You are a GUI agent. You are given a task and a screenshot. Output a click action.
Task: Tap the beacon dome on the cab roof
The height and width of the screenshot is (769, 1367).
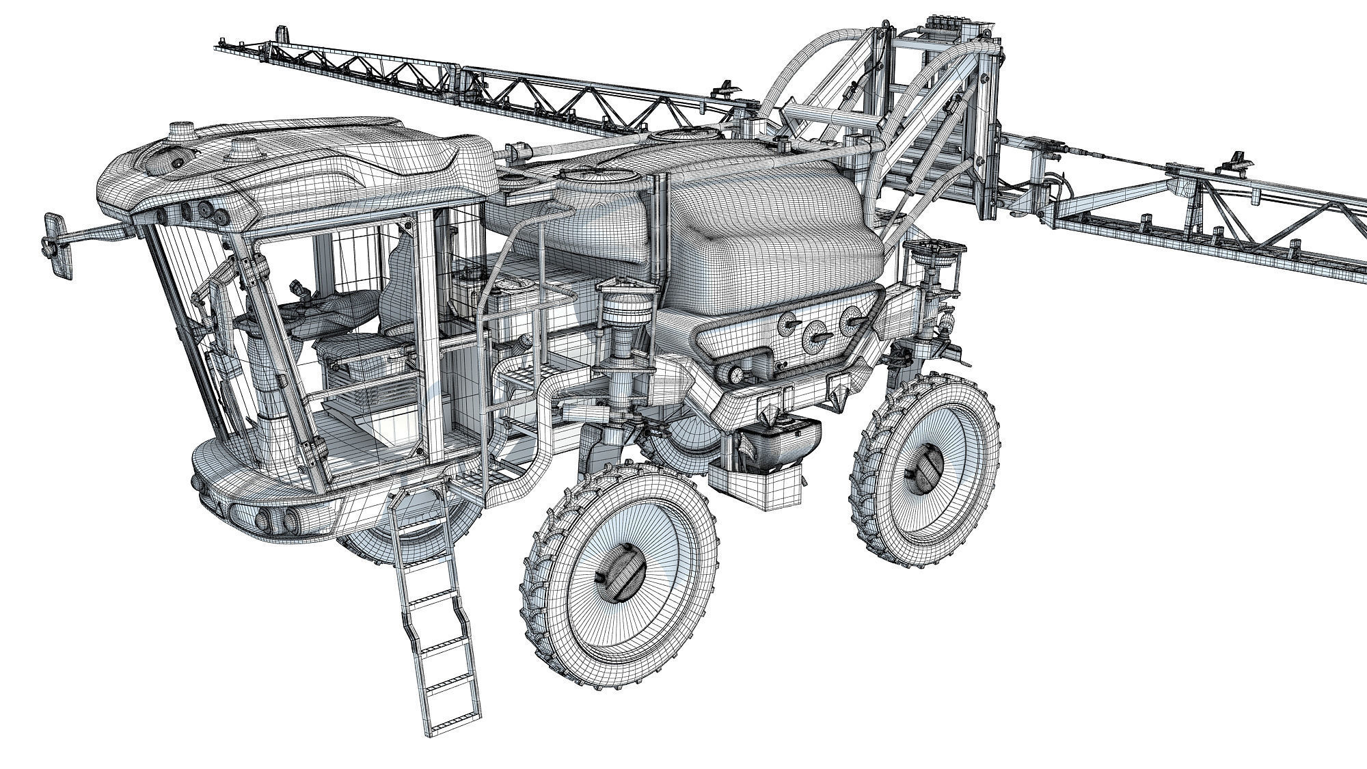tap(181, 130)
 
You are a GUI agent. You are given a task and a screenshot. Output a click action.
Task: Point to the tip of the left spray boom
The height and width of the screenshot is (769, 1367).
tap(226, 46)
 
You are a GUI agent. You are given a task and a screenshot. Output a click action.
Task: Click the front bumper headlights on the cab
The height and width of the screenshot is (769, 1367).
tap(273, 516)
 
